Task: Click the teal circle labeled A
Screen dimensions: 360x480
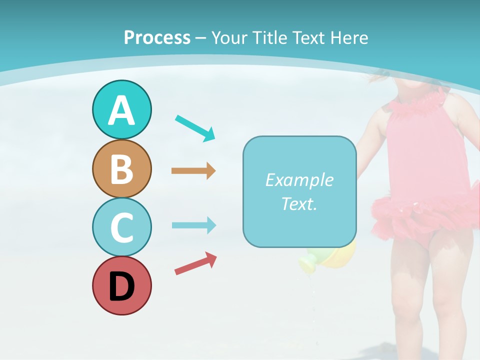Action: (121, 109)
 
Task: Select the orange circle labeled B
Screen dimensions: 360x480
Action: (121, 168)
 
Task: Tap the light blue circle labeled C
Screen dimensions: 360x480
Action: (121, 227)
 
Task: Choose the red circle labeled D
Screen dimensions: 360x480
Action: (121, 285)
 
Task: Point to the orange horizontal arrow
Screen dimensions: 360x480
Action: (193, 171)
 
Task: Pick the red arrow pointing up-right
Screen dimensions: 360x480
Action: (196, 264)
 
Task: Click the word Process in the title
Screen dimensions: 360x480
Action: (157, 38)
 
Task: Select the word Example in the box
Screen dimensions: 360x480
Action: (299, 180)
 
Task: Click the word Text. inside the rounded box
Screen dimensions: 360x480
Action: (299, 203)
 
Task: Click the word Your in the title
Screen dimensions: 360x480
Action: (230, 38)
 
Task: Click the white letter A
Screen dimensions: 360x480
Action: (121, 110)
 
